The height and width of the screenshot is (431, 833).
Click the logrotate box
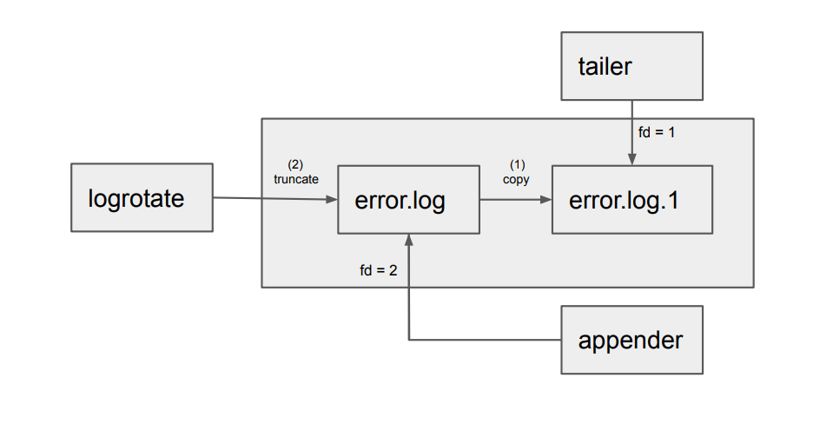[x=142, y=198]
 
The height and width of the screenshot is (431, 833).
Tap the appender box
[x=631, y=340]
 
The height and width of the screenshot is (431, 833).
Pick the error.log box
[x=407, y=200]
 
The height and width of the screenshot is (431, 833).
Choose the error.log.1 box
[x=631, y=200]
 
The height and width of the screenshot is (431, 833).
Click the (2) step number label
[x=295, y=164]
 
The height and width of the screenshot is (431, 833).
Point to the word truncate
[x=296, y=178]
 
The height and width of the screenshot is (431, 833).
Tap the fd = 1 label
[x=657, y=133]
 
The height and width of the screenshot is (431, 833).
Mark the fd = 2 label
[x=378, y=270]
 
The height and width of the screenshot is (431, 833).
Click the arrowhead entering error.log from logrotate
[x=332, y=200]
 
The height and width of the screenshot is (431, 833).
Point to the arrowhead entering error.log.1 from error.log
[x=546, y=200]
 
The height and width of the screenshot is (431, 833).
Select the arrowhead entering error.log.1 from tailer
[x=631, y=160]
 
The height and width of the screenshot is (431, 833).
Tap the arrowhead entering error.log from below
[x=407, y=240]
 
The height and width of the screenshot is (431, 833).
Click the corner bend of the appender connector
[x=407, y=339]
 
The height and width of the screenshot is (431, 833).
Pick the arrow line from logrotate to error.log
[x=269, y=199]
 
